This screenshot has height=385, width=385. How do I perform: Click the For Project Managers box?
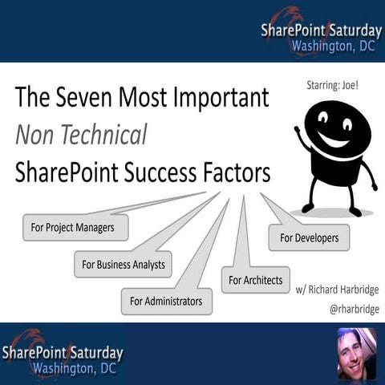pos(75,228)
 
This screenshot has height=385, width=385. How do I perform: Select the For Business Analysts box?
pos(124,263)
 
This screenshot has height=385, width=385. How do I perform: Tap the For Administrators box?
pos(166,302)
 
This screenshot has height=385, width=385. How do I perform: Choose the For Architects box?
pos(255,280)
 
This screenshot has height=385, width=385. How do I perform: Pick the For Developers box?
pos(309,237)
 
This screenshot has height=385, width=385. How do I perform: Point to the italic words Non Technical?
pos(81,135)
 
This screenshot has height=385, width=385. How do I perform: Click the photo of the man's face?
pos(355,352)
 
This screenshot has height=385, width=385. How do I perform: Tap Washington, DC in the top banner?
pos(320,45)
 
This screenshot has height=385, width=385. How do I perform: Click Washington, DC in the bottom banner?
pos(75,369)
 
